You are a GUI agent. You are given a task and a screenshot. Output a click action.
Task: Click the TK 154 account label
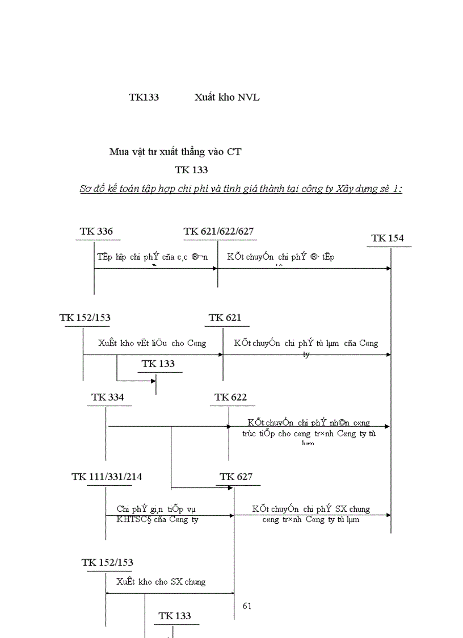click(x=388, y=239)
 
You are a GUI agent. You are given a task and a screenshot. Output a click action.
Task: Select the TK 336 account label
click(x=96, y=232)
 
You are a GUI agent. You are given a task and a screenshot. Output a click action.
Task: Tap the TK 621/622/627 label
click(x=218, y=232)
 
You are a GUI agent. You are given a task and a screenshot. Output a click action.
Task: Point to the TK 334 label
click(x=108, y=398)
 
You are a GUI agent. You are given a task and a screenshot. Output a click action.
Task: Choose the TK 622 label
click(x=231, y=398)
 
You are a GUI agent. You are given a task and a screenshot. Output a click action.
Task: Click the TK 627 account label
click(x=236, y=477)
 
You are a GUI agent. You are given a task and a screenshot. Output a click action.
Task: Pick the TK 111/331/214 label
click(x=107, y=477)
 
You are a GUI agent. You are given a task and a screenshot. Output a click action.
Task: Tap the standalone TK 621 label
click(x=225, y=318)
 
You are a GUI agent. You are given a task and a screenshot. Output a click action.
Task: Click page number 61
click(x=247, y=606)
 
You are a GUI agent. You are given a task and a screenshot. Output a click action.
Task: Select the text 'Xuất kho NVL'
click(x=227, y=98)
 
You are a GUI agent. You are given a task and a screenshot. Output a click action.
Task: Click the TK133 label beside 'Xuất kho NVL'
click(x=144, y=98)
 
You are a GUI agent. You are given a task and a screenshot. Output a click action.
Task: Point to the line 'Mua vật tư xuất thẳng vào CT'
click(x=175, y=152)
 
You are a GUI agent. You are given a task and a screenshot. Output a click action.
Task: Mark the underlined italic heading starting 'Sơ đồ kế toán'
click(x=241, y=189)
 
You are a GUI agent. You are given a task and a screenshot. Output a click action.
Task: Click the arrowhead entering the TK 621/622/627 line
click(x=214, y=269)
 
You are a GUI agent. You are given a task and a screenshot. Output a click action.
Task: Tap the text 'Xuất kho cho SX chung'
click(x=161, y=582)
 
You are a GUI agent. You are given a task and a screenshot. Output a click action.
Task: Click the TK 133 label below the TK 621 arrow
click(x=158, y=364)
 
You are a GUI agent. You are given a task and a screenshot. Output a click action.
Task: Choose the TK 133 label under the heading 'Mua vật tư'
click(x=191, y=170)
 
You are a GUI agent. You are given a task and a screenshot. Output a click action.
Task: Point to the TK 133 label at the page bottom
click(x=175, y=616)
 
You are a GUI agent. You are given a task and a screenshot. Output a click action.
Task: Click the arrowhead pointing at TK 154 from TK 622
click(x=388, y=426)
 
